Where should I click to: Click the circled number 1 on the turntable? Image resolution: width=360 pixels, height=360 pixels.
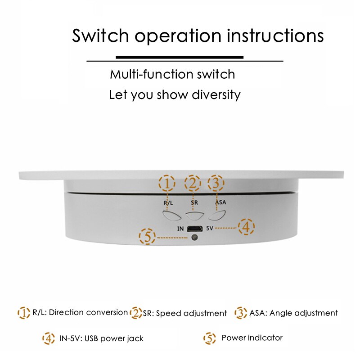click(167, 183)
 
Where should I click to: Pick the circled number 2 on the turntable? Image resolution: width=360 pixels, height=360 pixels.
click(193, 183)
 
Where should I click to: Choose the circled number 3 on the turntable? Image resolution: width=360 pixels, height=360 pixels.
click(216, 183)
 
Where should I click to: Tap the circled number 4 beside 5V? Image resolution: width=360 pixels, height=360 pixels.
click(246, 227)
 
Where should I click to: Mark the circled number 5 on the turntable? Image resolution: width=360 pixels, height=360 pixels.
click(148, 237)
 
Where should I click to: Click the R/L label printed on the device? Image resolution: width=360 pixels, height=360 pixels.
click(168, 202)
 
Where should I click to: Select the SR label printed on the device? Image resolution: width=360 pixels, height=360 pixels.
click(194, 202)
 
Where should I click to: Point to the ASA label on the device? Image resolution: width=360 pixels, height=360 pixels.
click(220, 202)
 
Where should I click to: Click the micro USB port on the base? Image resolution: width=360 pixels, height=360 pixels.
click(194, 228)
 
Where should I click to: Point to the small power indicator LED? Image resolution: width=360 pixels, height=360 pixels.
click(194, 237)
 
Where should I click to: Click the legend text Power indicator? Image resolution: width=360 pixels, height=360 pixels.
click(252, 337)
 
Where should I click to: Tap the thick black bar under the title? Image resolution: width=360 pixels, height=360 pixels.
click(180, 57)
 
